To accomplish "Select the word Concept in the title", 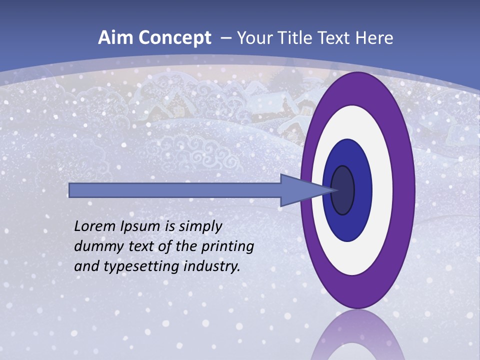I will coord(174,38).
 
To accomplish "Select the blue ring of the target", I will coord(362,190).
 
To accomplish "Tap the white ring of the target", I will coord(382,190).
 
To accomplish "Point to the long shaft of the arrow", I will coord(175,190).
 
